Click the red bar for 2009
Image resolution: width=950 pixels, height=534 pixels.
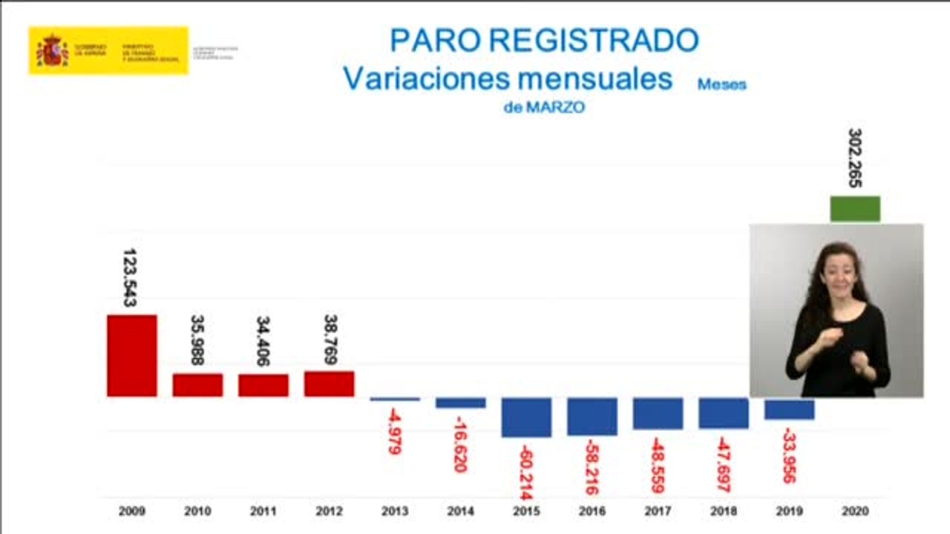[x=131, y=355]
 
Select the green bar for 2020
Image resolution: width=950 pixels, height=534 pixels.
[x=855, y=208]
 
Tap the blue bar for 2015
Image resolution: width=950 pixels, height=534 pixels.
[x=526, y=417]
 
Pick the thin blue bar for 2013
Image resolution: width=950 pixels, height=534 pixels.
[x=395, y=399]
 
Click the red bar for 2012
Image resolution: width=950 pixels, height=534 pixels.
[x=329, y=383]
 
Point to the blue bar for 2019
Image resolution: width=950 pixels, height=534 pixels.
[x=790, y=409]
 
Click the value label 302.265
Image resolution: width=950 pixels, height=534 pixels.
[x=855, y=158]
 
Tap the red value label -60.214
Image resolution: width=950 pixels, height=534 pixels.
[x=526, y=472]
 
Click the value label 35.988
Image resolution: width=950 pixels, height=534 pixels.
[x=197, y=340]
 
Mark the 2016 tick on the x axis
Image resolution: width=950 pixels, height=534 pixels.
[x=592, y=511]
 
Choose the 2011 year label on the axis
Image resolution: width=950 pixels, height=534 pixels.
[x=263, y=511]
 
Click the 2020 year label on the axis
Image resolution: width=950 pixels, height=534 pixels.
[x=855, y=511]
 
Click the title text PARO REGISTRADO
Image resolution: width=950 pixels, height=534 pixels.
[x=544, y=40]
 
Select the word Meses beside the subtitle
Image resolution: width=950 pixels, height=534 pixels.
[x=721, y=85]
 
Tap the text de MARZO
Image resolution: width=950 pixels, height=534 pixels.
[x=544, y=108]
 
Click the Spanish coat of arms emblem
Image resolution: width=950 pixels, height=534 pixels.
[x=52, y=50]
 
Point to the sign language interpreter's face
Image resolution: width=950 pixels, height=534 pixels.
[x=838, y=268]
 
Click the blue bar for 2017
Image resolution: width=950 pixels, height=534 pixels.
[x=658, y=413]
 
